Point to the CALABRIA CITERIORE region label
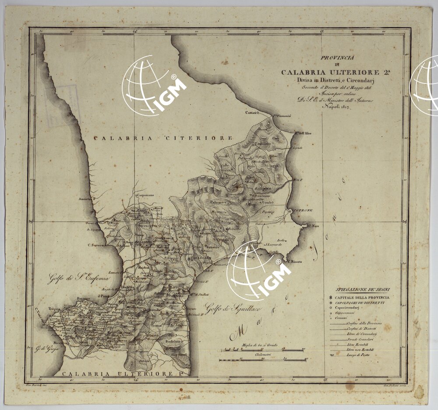(x=163, y=138)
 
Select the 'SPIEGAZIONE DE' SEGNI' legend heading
(x=363, y=289)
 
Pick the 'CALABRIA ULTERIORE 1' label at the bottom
(x=117, y=374)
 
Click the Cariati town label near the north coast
(x=251, y=112)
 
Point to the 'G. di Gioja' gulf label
(x=47, y=349)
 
